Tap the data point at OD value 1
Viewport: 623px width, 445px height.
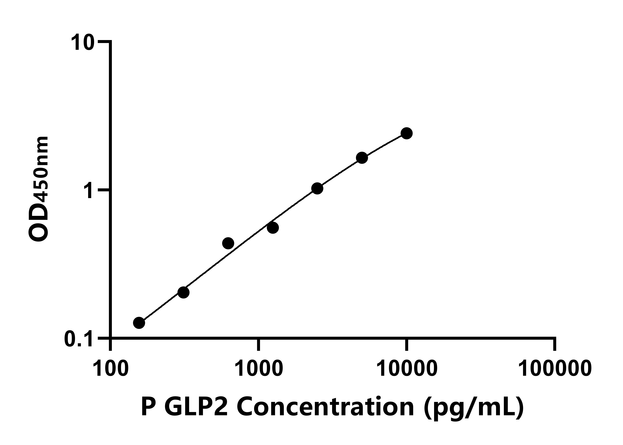click(317, 188)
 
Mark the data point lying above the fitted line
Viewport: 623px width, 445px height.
click(228, 243)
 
